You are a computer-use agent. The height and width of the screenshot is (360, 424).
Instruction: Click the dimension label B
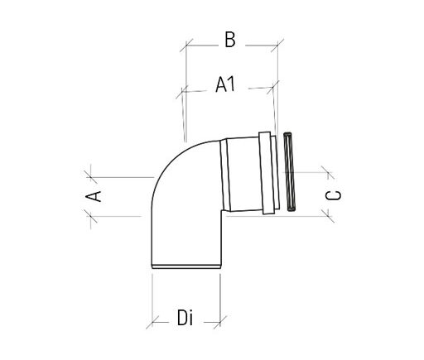pos(230,38)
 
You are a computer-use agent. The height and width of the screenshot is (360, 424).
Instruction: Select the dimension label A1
pos(226,84)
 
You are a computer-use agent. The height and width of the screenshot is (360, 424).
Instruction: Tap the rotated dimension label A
pos(94,195)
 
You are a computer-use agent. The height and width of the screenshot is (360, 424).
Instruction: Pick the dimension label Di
pos(185,316)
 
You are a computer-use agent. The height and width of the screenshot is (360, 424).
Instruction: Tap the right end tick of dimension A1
pos(271,85)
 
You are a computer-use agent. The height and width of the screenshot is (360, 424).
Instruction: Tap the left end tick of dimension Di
pos(152,319)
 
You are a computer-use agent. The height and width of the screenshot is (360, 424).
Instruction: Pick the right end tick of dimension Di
pos(219,319)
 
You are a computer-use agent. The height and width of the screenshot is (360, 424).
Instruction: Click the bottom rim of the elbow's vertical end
pos(185,266)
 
